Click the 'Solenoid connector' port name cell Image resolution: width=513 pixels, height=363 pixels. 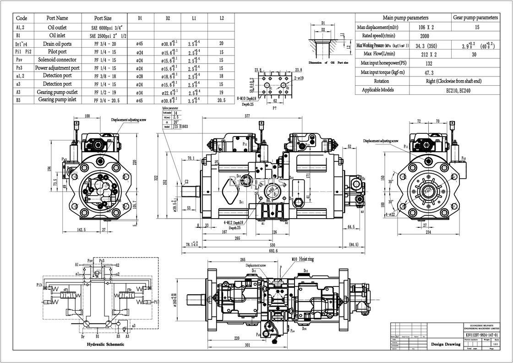tap(57, 60)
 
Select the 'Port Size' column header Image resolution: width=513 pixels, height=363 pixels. tap(103, 18)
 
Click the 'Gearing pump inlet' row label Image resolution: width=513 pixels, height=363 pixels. tap(57, 99)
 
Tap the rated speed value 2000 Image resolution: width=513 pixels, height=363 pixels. tap(424, 36)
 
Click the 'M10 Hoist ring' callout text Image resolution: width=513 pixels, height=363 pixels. tap(303, 259)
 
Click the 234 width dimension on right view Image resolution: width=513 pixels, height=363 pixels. tap(428, 232)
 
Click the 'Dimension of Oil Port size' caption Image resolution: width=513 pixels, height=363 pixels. tap(328, 62)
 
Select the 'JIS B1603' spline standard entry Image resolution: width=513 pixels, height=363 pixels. tap(180, 126)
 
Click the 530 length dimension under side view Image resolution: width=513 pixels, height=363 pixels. tap(273, 245)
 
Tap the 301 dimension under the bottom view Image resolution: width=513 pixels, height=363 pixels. tap(247, 345)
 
